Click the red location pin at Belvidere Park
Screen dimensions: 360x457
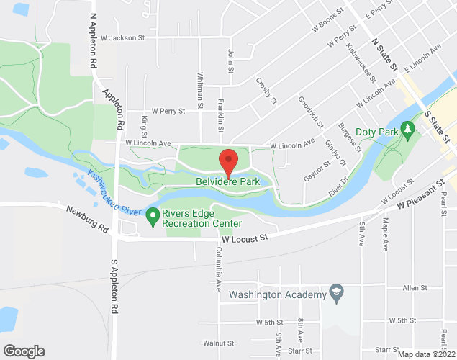click(x=228, y=161)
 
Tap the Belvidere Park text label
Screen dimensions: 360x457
click(x=227, y=182)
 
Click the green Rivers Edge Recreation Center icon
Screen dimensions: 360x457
click(x=152, y=215)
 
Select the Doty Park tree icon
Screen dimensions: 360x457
click(x=408, y=128)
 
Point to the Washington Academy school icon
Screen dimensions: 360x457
click(x=335, y=293)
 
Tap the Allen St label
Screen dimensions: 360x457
click(x=415, y=287)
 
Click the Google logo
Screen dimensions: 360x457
click(x=23, y=351)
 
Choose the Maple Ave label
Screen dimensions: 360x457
click(x=385, y=235)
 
